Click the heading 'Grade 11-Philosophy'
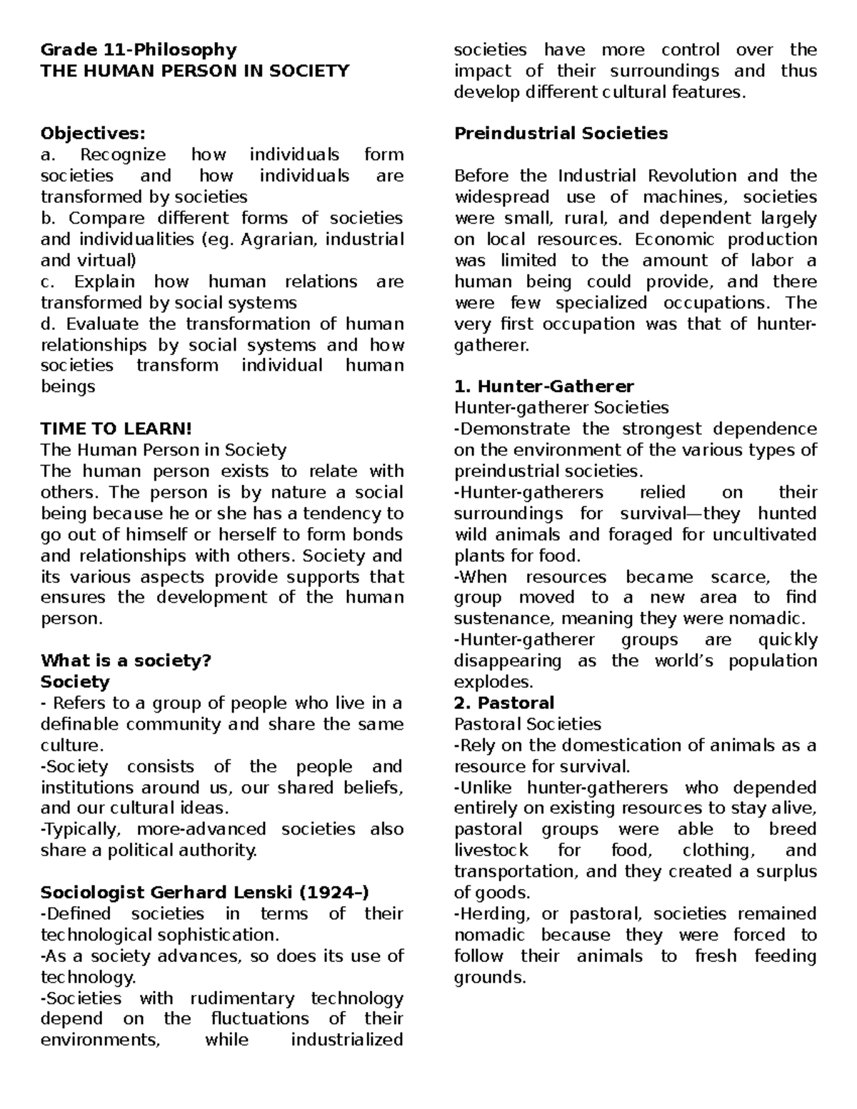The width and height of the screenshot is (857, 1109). pyautogui.click(x=138, y=49)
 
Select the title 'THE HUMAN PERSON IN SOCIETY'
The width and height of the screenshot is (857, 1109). pyautogui.click(x=195, y=71)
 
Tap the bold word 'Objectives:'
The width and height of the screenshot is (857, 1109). pyautogui.click(x=93, y=134)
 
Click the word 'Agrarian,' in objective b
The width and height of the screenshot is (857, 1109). pyautogui.click(x=280, y=239)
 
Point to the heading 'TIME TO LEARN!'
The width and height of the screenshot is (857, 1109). pyautogui.click(x=116, y=428)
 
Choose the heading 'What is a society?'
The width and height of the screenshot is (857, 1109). pyautogui.click(x=126, y=661)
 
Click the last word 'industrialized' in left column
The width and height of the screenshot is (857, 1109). pyautogui.click(x=346, y=1040)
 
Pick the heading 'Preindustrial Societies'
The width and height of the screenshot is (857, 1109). pyautogui.click(x=561, y=134)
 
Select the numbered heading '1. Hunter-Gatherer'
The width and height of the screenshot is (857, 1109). pyautogui.click(x=543, y=386)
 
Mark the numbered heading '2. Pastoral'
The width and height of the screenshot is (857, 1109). pyautogui.click(x=504, y=703)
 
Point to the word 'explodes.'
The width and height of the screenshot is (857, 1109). pyautogui.click(x=493, y=682)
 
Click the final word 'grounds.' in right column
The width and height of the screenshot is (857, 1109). pyautogui.click(x=490, y=978)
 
